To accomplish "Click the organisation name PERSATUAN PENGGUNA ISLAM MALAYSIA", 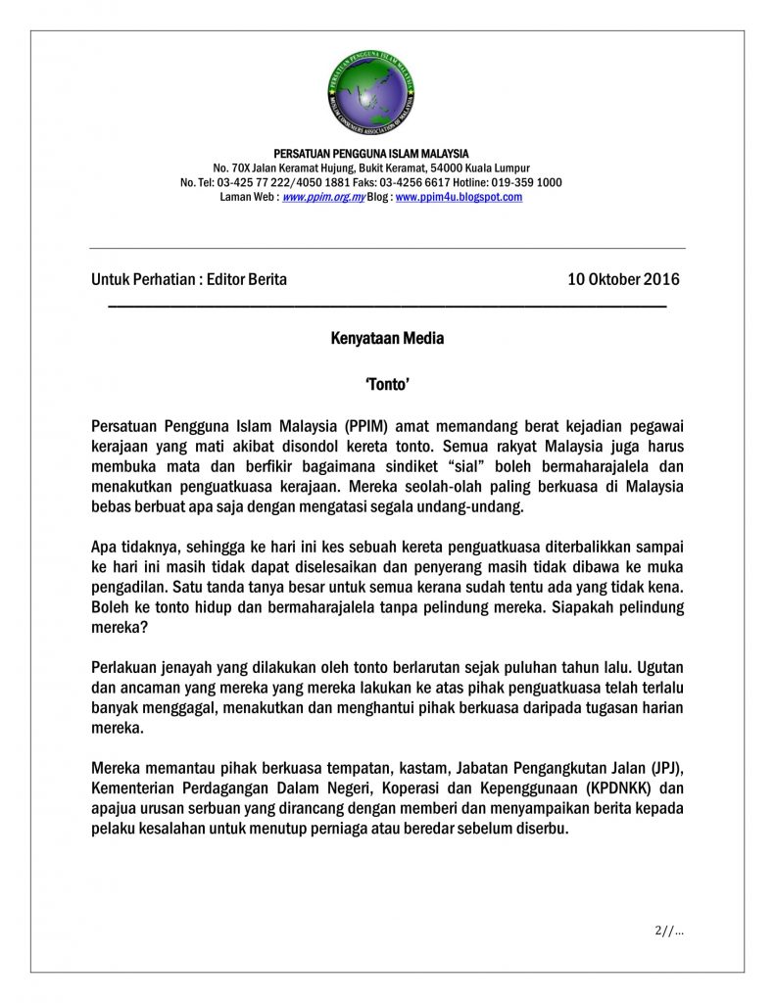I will pyautogui.click(x=371, y=154).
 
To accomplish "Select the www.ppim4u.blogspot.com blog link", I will pyautogui.click(x=459, y=197).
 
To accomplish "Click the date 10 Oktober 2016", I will pyautogui.click(x=623, y=279).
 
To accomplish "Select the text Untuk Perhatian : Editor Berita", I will pyautogui.click(x=189, y=279).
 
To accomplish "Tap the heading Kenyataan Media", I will pyautogui.click(x=387, y=339).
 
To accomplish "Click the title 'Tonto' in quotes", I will pyautogui.click(x=387, y=387).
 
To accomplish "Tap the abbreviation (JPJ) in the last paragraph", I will pyautogui.click(x=665, y=768).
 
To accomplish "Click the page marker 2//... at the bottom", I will pyautogui.click(x=669, y=931).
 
